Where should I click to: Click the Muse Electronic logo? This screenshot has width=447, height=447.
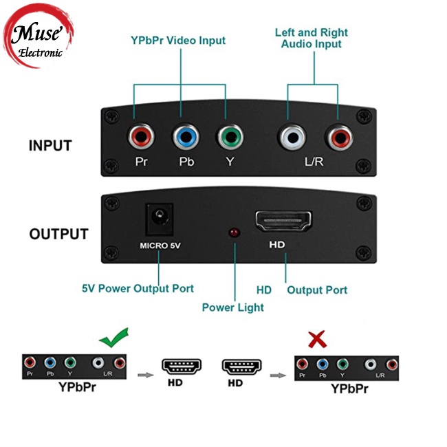click(x=39, y=39)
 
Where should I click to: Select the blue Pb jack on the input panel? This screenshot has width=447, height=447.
click(x=184, y=137)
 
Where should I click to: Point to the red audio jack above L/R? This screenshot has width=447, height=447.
click(x=337, y=137)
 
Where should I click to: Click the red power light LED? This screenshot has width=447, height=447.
click(x=234, y=234)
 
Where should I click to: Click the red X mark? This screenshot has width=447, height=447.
click(x=317, y=339)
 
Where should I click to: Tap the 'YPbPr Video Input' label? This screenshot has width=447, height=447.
click(x=178, y=41)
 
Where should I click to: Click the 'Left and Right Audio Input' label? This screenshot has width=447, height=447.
click(x=312, y=38)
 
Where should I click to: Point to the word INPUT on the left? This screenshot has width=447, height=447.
click(x=50, y=146)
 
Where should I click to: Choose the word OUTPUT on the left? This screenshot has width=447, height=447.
click(x=58, y=234)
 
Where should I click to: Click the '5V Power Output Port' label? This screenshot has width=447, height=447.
click(x=138, y=288)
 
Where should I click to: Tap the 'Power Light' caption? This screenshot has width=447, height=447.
click(x=232, y=307)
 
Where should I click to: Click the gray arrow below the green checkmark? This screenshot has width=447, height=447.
click(x=144, y=375)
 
